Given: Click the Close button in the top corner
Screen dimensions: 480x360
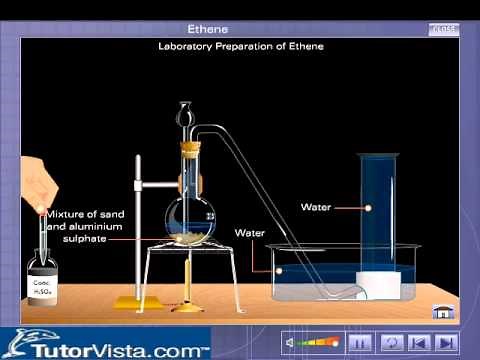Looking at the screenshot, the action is [443, 29].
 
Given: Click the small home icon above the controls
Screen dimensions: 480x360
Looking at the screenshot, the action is [439, 312].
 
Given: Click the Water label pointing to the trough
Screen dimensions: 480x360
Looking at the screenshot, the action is [249, 232].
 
